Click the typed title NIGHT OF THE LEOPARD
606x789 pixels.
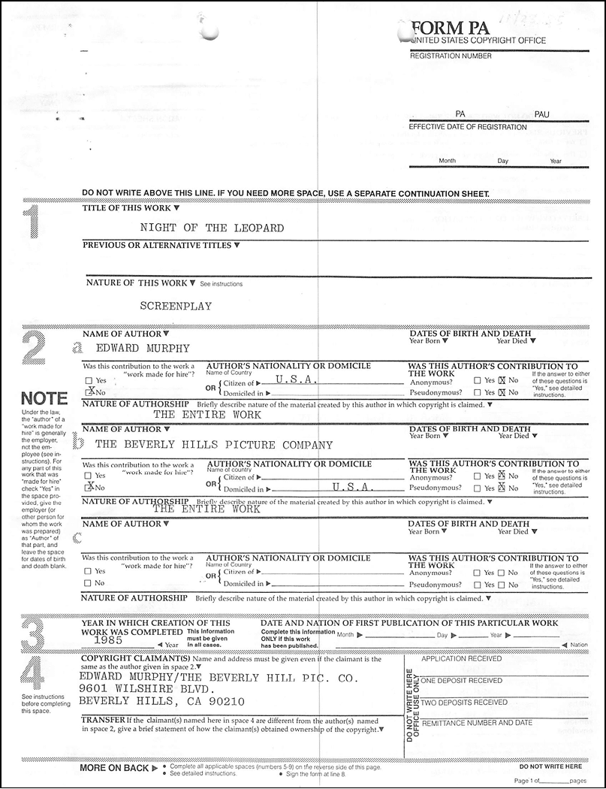click(x=212, y=228)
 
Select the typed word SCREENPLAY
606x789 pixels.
click(x=176, y=306)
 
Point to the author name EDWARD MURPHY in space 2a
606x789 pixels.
click(x=143, y=348)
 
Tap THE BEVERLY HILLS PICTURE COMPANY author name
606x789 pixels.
click(x=214, y=444)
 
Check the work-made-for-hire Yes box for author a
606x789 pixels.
click(x=89, y=381)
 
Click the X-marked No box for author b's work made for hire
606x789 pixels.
click(x=89, y=487)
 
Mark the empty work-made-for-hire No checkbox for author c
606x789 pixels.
click(x=89, y=583)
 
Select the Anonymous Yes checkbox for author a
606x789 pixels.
click(x=478, y=380)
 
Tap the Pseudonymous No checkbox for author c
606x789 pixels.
click(x=502, y=584)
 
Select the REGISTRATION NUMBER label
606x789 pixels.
click(x=451, y=56)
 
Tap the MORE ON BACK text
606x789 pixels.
click(x=114, y=768)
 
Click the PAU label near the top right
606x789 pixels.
click(x=541, y=113)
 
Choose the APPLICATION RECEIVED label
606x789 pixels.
click(x=461, y=658)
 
